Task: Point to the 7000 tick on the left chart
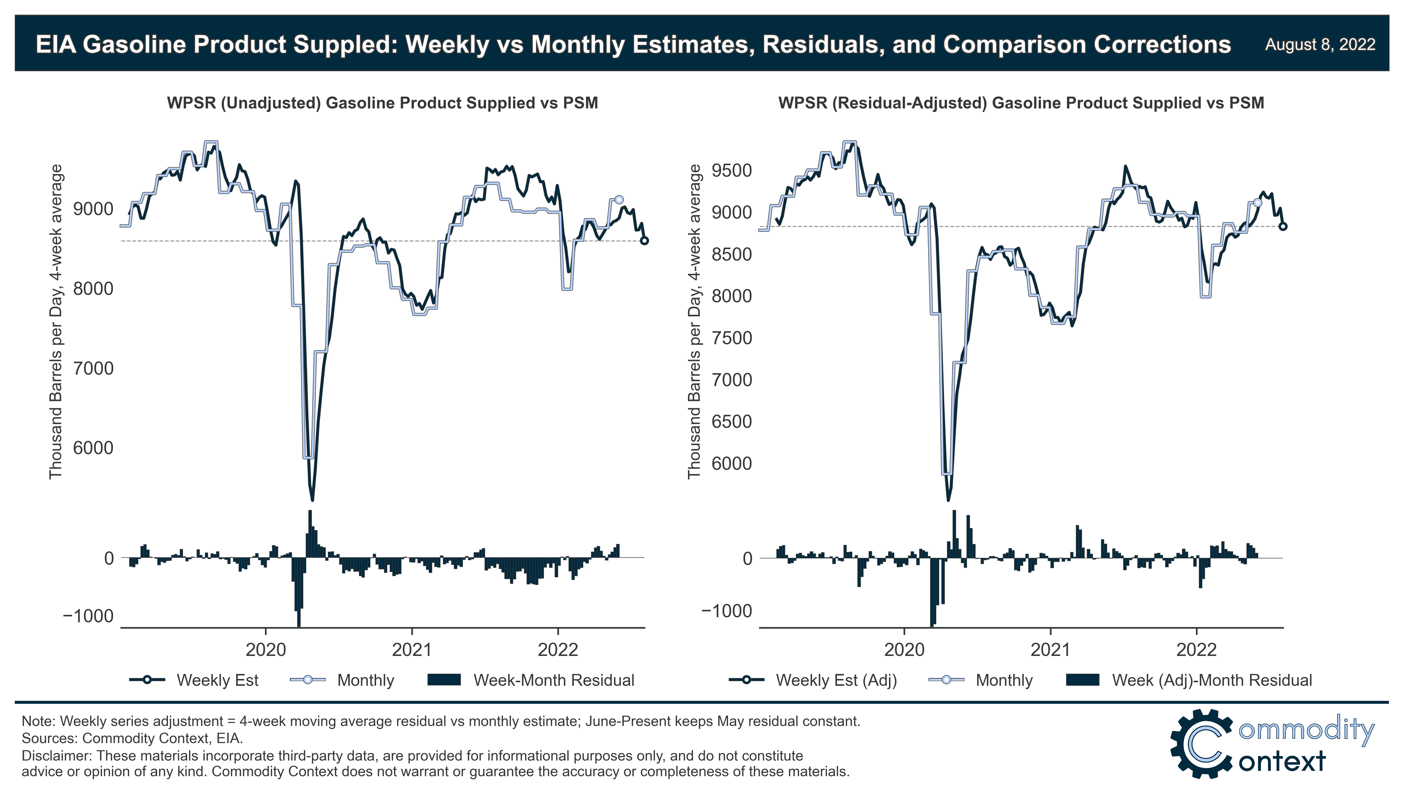93,368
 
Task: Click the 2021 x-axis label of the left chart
412,650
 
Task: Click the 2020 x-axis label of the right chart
904,650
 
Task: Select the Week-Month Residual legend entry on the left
553,680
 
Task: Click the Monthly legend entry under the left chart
365,680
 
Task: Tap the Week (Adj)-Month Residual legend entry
1211,680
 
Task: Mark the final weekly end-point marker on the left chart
644,241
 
